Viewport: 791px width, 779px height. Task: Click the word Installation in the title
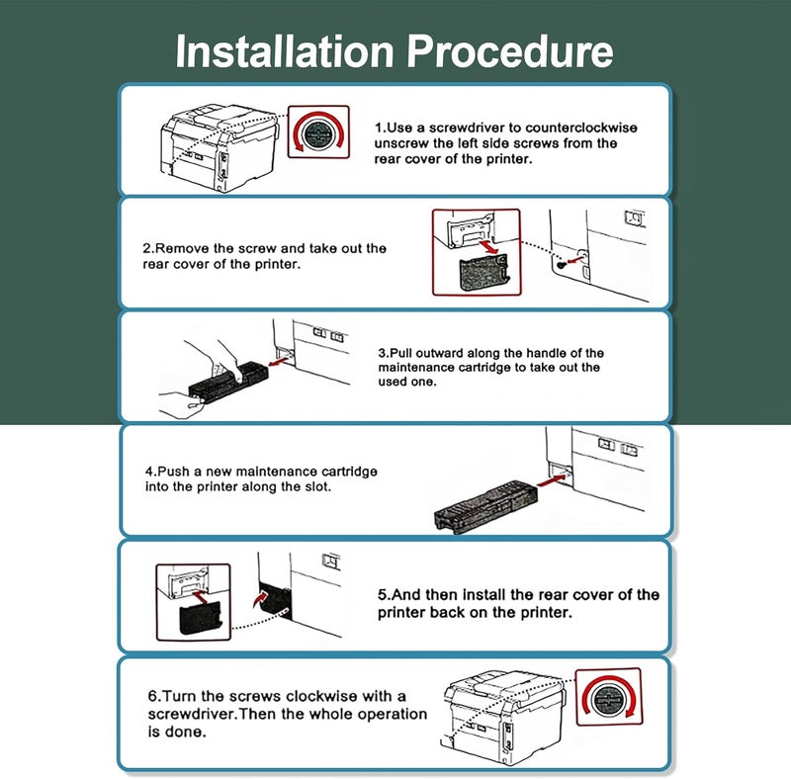tap(285, 51)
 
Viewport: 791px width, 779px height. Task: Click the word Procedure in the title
tap(510, 51)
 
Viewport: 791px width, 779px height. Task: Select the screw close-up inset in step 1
tap(318, 131)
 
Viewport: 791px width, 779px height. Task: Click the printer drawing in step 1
tap(220, 147)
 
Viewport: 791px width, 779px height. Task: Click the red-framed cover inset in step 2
tap(477, 252)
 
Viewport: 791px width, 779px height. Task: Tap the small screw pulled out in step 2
tap(560, 264)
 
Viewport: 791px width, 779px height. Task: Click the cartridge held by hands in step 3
tap(227, 380)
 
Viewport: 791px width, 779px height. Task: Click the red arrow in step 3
tap(280, 361)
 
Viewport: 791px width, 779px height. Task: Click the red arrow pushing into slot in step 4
tap(552, 480)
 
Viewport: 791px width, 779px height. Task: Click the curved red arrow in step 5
tap(260, 599)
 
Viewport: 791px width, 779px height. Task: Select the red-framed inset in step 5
tap(193, 602)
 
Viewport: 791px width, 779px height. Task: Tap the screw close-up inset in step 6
tap(609, 697)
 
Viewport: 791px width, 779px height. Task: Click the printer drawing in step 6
tap(503, 717)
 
